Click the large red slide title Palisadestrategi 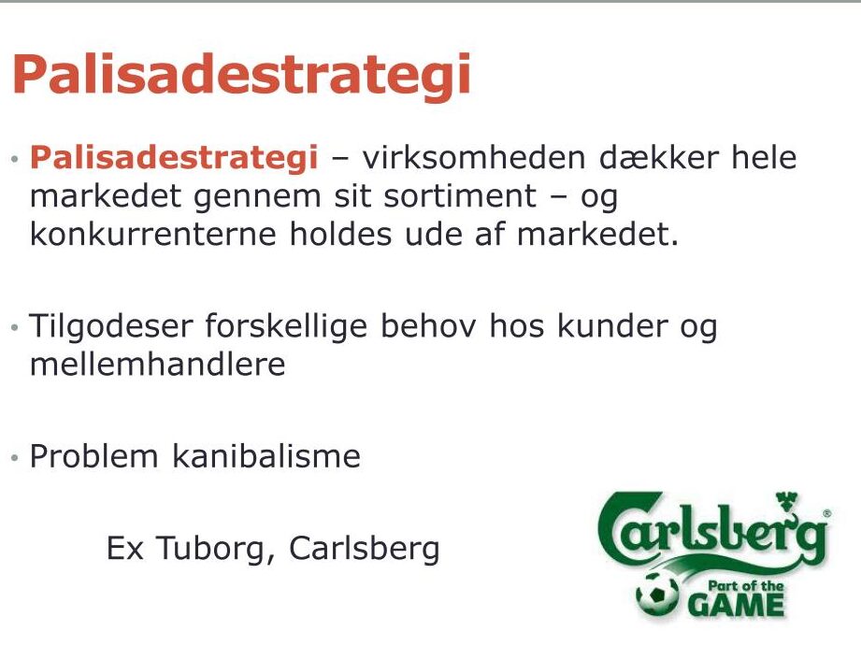241,77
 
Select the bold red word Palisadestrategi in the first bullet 174,159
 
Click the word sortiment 460,196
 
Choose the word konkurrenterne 153,235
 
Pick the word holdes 341,235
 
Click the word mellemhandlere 158,365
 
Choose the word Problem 93,456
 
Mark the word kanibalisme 266,456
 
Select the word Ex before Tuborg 124,548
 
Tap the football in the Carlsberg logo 657,594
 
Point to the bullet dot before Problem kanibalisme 15,457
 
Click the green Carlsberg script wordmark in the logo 712,528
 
